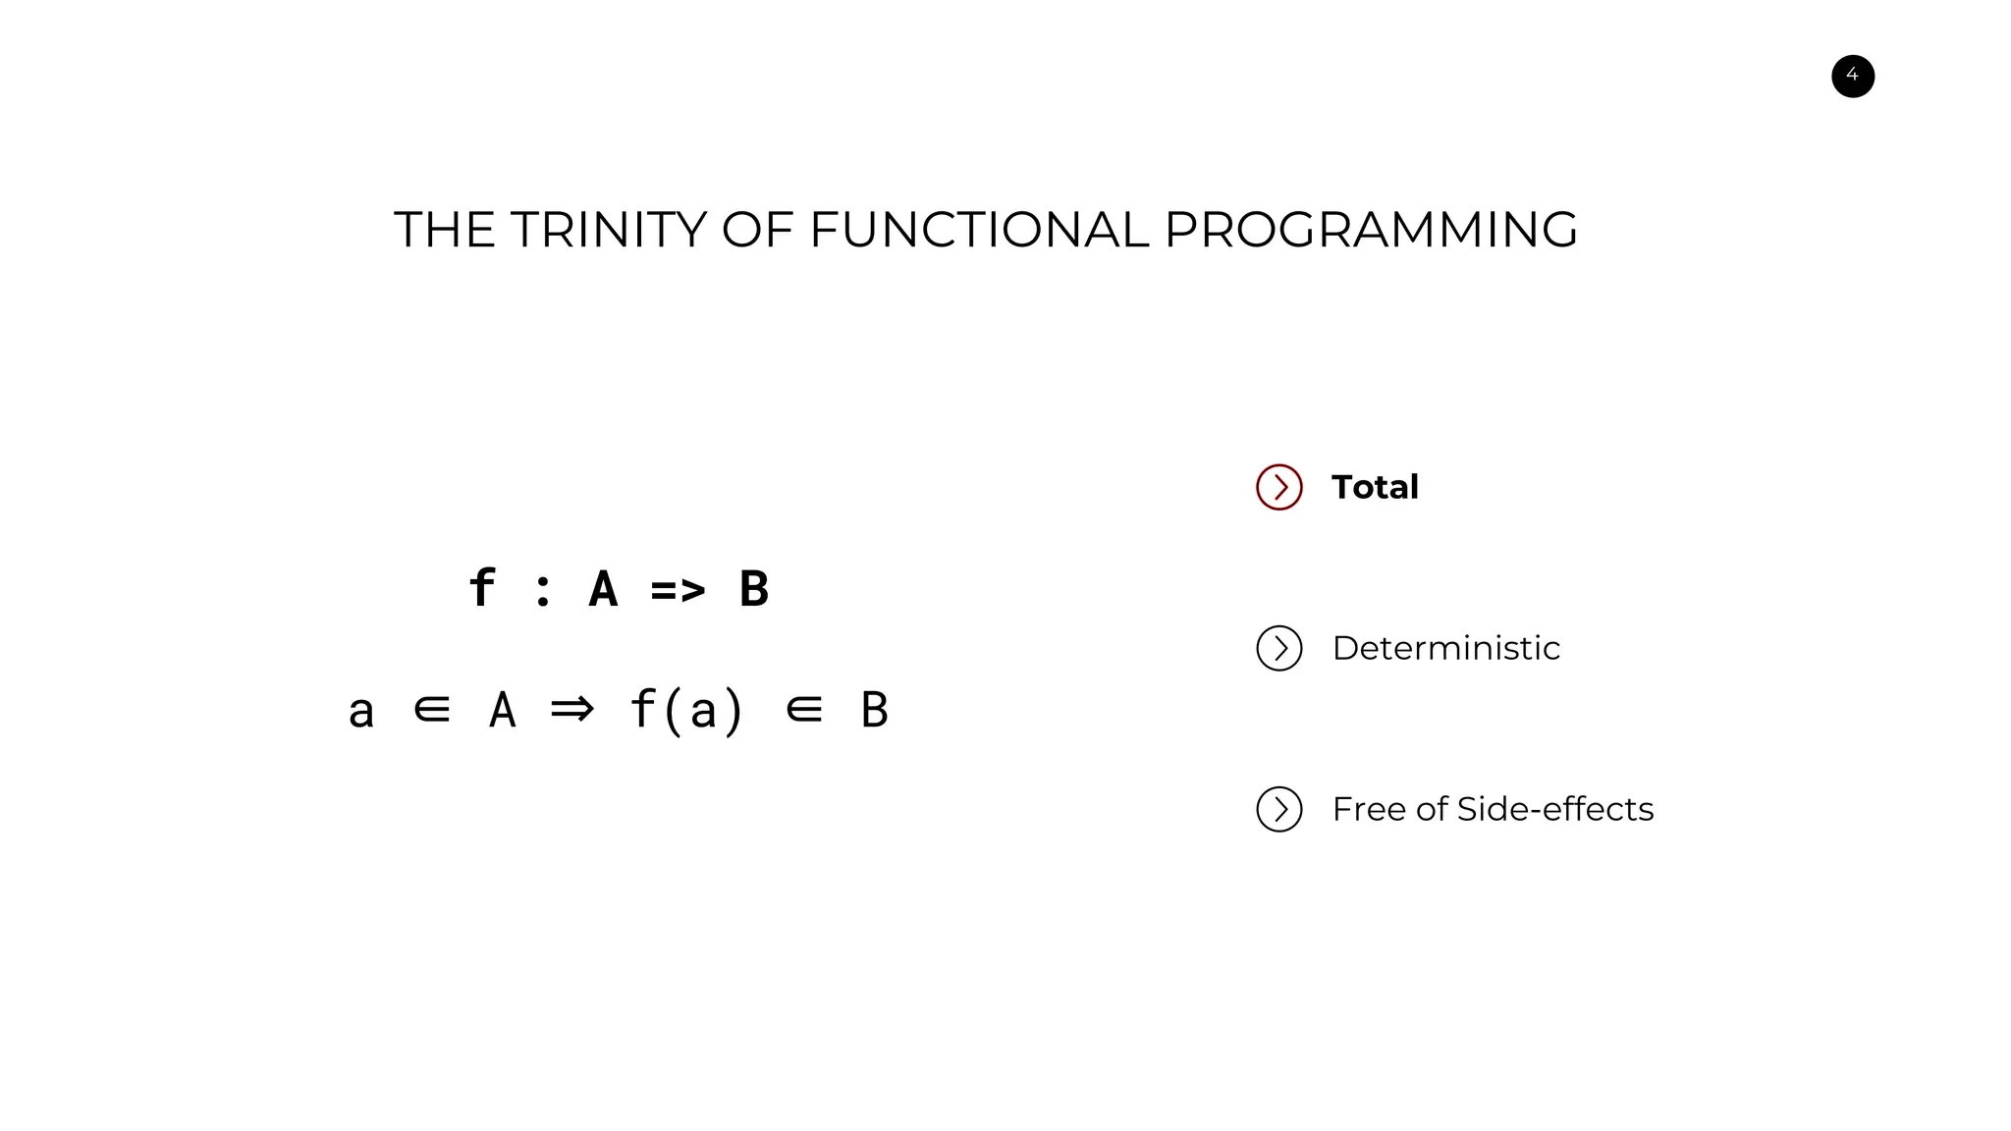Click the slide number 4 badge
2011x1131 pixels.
click(1852, 77)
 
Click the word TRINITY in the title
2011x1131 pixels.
click(608, 230)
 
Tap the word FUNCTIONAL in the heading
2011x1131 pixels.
click(978, 230)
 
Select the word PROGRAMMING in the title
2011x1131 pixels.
click(1371, 230)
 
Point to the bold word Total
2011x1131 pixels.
click(1375, 487)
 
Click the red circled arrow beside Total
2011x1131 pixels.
click(1278, 487)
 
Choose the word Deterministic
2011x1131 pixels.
click(1445, 648)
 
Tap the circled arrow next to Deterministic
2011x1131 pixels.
click(1278, 648)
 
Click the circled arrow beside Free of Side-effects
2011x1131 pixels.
click(1278, 809)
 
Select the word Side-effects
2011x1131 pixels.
click(1555, 809)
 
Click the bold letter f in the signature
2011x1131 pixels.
click(481, 588)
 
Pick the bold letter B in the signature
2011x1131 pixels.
click(753, 589)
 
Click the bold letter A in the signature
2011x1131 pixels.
click(603, 589)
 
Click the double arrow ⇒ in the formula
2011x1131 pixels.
click(572, 709)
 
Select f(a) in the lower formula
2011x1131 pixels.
click(686, 710)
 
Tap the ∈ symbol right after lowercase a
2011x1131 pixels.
click(432, 709)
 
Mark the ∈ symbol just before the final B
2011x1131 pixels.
click(804, 709)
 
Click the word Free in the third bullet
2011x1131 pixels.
click(1369, 809)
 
